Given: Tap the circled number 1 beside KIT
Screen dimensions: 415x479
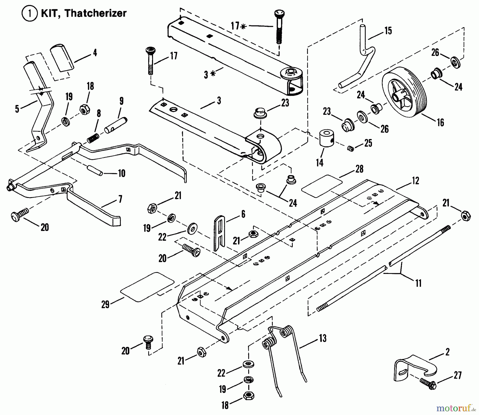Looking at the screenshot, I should [x=30, y=13].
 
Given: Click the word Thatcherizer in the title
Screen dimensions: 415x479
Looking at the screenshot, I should [x=96, y=13].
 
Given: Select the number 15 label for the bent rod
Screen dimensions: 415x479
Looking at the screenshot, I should [x=388, y=31].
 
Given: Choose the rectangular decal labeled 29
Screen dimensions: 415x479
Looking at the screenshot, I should [x=147, y=287].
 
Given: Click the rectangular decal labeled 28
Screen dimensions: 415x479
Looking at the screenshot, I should [x=322, y=186].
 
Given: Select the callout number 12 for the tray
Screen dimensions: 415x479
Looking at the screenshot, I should [x=415, y=181].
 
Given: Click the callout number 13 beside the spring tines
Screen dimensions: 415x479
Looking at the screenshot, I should [x=323, y=338].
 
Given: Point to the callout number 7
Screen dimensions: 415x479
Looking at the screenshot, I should [x=120, y=199].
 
